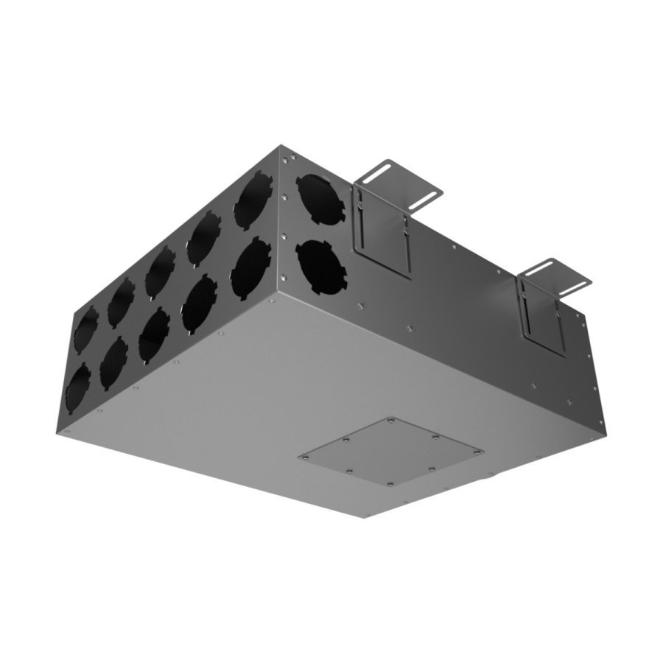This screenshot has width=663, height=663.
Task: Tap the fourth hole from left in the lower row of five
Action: pyautogui.click(x=198, y=302)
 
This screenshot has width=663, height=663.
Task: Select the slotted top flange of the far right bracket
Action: pyautogui.click(x=555, y=278)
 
